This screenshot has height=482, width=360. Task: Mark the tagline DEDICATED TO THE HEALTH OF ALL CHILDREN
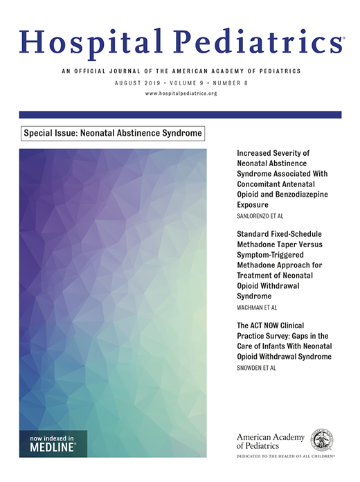click(285, 457)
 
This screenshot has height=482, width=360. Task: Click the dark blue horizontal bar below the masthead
click(180, 114)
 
